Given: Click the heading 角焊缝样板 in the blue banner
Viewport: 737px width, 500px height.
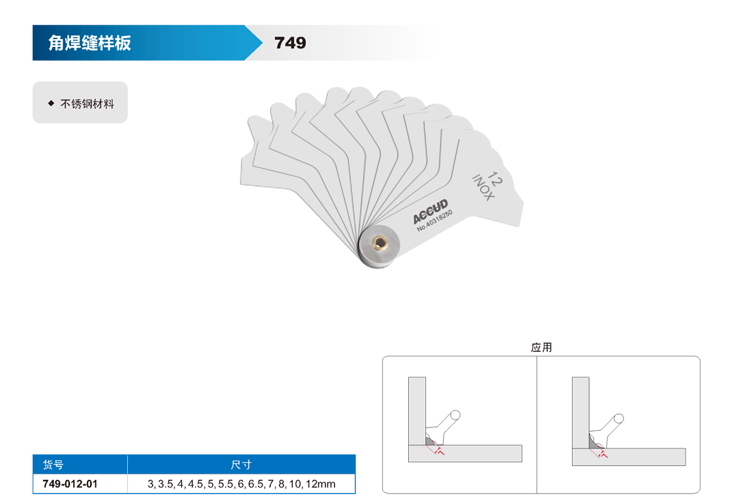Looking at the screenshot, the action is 89,43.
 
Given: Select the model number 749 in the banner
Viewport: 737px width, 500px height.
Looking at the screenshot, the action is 290,43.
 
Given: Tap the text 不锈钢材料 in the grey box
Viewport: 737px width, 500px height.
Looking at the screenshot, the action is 87,104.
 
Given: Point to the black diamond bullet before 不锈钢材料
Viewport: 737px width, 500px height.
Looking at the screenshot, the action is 52,103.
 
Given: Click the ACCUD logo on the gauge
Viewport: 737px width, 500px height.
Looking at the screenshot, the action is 430,211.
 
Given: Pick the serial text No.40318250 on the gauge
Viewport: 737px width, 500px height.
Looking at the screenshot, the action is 435,221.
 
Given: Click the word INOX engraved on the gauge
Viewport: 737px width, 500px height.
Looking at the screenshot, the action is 483,188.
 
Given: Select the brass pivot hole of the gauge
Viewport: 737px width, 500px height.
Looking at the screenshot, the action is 380,243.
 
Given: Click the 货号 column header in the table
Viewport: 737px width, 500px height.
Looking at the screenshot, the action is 53,465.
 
